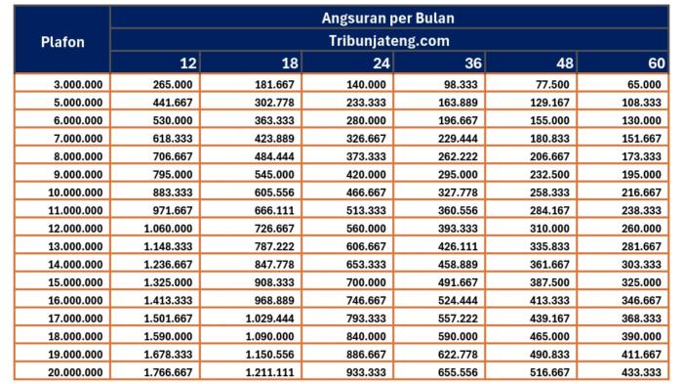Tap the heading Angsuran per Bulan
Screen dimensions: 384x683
(x=388, y=18)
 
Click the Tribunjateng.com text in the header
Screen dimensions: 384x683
(x=388, y=41)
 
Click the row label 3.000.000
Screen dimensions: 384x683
(x=77, y=86)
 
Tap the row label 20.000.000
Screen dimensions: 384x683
(x=74, y=372)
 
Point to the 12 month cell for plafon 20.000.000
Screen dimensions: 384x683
(x=166, y=372)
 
